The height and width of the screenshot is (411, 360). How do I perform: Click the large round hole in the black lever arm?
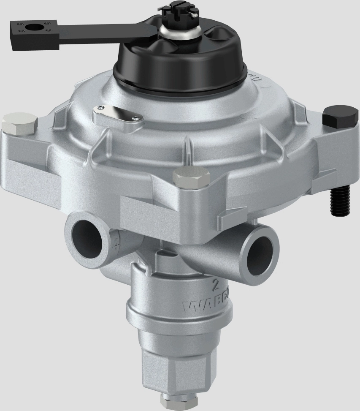click(32, 27)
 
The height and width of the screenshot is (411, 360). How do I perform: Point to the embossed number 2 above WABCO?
click(216, 286)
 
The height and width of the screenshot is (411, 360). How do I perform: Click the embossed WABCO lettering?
click(207, 306)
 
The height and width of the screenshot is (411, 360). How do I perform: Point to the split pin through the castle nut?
click(193, 15)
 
